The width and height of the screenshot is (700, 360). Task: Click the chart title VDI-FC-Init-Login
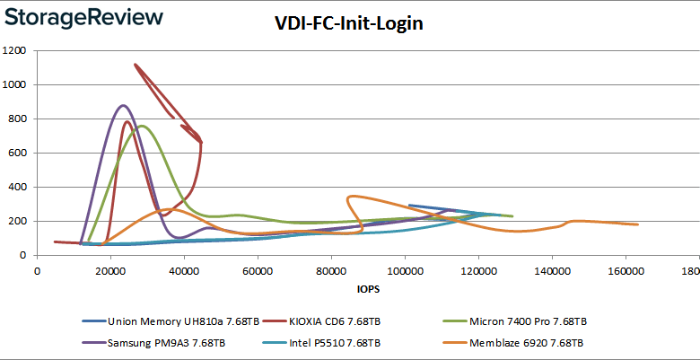[x=349, y=23]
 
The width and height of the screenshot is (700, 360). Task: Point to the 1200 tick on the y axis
[x=14, y=51]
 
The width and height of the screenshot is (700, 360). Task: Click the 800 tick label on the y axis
[x=18, y=119]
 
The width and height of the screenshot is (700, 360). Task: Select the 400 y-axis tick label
[x=18, y=188]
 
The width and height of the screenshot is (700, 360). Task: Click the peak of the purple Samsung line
[x=124, y=106]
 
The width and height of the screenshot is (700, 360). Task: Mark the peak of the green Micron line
[x=141, y=126]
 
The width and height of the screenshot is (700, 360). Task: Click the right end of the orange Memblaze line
[x=637, y=224]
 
